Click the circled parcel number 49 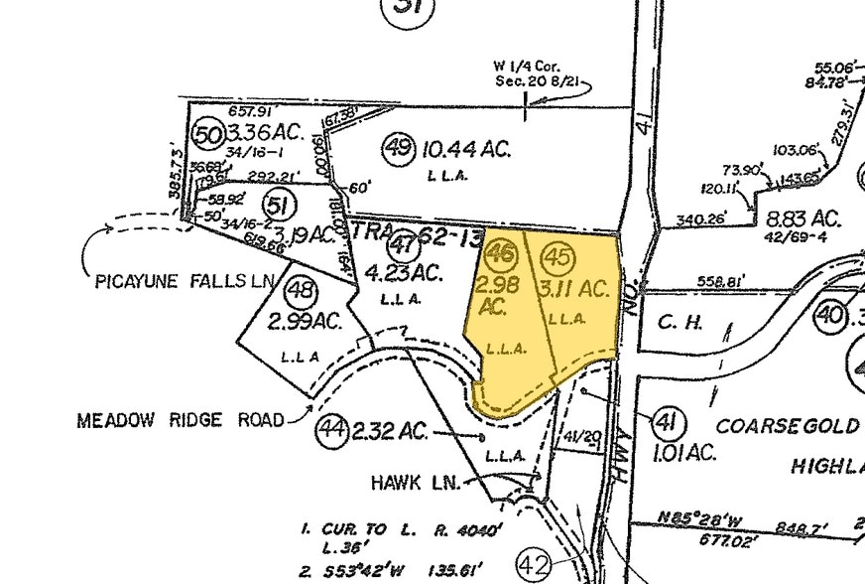tap(399, 149)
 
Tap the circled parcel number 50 tap(207, 133)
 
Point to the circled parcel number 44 tap(330, 430)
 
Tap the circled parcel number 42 tap(533, 566)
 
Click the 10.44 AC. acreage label tap(465, 150)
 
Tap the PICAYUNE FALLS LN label tap(185, 282)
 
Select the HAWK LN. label tap(416, 483)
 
